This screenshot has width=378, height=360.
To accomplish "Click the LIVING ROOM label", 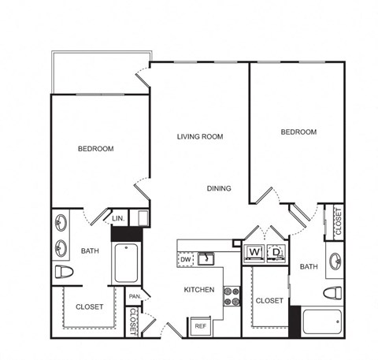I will [200, 136].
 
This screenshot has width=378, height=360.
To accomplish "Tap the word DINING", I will [219, 188].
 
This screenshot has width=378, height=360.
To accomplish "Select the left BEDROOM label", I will [95, 148].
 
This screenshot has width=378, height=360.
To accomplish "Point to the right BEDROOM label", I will [298, 132].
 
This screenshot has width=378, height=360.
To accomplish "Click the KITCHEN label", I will [199, 289].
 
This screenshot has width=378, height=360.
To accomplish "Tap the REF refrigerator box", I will [200, 325].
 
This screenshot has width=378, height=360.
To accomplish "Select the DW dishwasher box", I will [186, 258].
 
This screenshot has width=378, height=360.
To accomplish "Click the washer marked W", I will [254, 252].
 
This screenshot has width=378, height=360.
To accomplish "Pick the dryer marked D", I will [276, 252].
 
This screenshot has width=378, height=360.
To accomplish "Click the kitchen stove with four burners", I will [232, 295].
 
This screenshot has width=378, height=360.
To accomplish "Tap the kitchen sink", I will [207, 258].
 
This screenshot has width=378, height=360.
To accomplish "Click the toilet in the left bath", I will [64, 273].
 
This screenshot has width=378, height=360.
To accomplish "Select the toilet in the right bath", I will [334, 293].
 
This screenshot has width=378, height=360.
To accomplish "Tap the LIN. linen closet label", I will [119, 218].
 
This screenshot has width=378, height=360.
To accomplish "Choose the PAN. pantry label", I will [135, 297].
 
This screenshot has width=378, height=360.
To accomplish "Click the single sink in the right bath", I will [335, 261].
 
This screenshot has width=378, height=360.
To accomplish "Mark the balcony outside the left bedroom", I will [100, 73].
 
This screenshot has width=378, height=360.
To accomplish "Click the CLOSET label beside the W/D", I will [269, 300].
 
